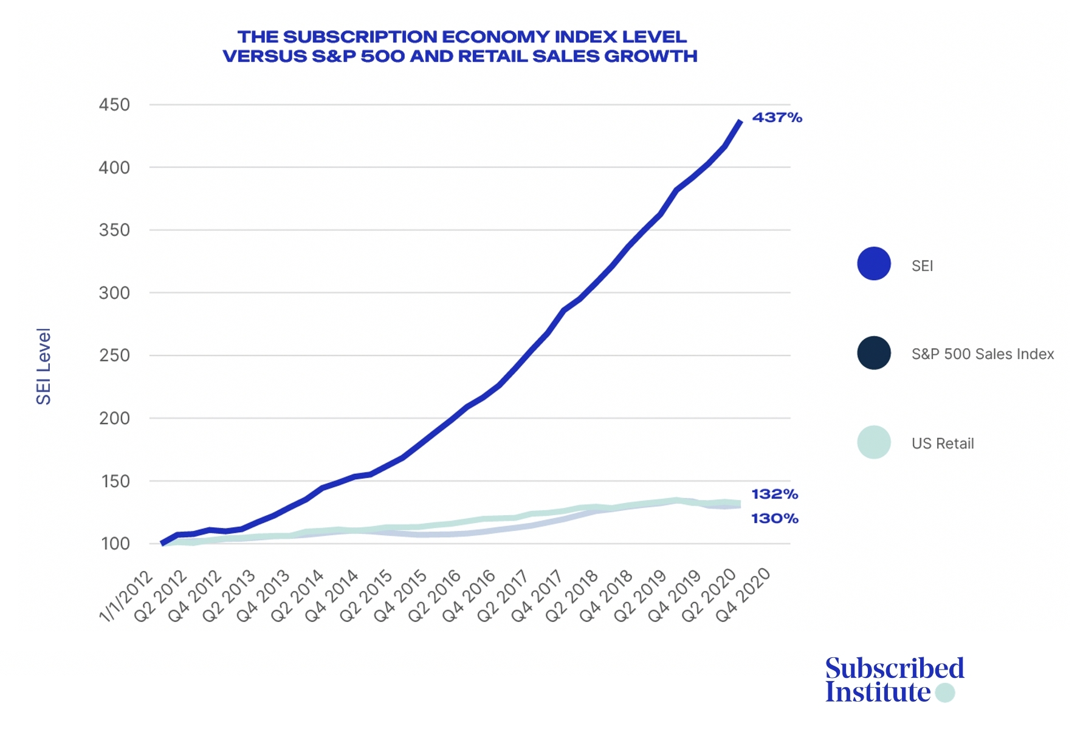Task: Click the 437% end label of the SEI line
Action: [x=777, y=117]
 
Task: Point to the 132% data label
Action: [x=774, y=494]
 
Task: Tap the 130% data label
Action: [x=774, y=518]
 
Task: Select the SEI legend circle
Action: [x=873, y=264]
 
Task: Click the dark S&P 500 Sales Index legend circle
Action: [x=873, y=353]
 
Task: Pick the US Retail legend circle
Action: [x=873, y=442]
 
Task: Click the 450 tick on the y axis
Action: [x=114, y=104]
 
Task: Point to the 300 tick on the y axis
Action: [x=114, y=293]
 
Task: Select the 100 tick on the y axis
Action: [x=115, y=544]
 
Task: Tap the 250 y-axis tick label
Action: [x=114, y=355]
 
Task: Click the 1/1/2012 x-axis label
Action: [x=126, y=596]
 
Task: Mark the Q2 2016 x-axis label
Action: [x=435, y=596]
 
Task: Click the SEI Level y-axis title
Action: [x=43, y=366]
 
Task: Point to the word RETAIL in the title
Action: [x=493, y=56]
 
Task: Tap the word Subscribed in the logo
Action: [x=895, y=668]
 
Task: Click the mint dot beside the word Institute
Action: [x=945, y=693]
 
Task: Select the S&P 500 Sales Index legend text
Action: [x=982, y=354]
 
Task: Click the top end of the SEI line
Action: [x=740, y=121]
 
